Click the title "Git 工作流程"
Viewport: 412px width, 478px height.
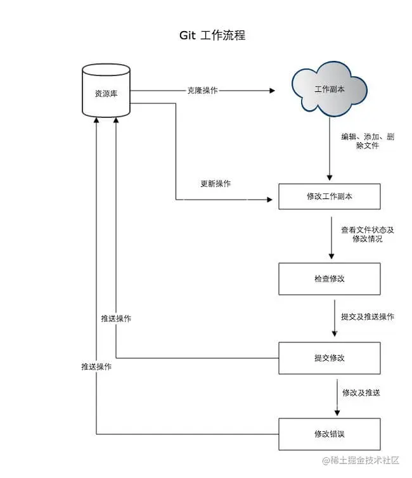(212, 36)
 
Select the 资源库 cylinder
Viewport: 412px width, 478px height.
(106, 93)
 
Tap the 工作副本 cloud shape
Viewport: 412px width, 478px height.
(330, 89)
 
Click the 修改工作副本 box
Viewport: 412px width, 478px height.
(329, 197)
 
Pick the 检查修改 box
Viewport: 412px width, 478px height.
(329, 279)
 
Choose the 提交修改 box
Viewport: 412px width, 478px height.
(329, 358)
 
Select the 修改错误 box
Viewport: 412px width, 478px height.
(329, 434)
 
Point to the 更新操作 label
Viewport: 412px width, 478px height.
(216, 184)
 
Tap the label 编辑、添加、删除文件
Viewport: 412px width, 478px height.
(367, 141)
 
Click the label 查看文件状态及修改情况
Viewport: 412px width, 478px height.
(367, 235)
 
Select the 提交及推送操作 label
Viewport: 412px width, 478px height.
(367, 316)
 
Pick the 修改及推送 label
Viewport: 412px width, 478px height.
(361, 393)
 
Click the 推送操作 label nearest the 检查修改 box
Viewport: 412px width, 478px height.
(116, 318)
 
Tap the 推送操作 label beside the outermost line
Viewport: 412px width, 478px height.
(96, 366)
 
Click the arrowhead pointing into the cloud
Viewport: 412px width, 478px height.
(272, 91)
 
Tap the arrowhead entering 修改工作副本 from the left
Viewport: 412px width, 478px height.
(273, 200)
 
